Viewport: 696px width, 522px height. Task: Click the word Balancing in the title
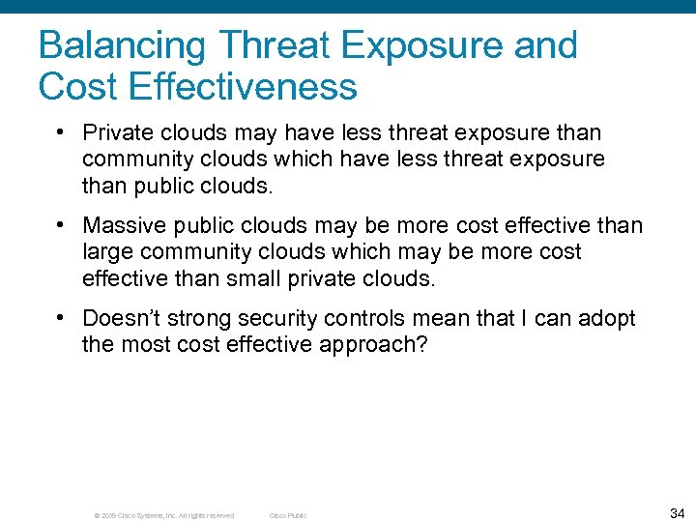click(123, 46)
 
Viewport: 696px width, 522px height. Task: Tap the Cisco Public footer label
click(287, 515)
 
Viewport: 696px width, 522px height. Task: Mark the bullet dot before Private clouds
click(61, 131)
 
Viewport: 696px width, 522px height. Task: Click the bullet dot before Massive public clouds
click(61, 224)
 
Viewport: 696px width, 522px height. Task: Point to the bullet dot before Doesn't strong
click(61, 317)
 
